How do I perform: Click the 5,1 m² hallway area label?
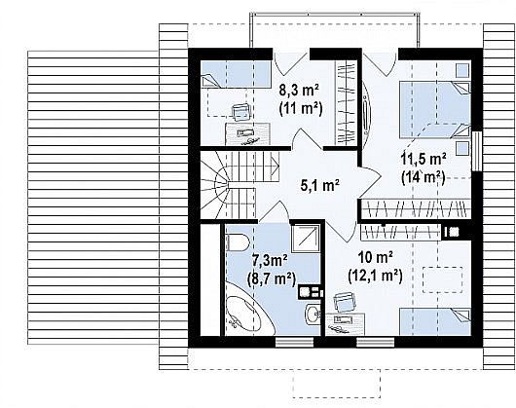click(x=320, y=185)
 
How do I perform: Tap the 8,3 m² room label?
click(x=299, y=90)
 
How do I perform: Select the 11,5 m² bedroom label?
click(x=424, y=159)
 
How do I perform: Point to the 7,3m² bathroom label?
click(x=270, y=260)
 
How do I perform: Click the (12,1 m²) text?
click(x=375, y=276)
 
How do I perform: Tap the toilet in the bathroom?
click(x=238, y=242)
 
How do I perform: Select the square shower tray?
click(x=306, y=239)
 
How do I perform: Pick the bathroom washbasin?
click(x=313, y=315)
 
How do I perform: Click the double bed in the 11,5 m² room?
click(x=435, y=110)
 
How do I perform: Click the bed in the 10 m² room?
click(x=435, y=321)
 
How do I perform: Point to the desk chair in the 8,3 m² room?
click(x=241, y=112)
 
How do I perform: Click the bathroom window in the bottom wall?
click(x=294, y=342)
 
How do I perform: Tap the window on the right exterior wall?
click(x=476, y=151)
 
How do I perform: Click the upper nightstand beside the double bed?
click(x=462, y=70)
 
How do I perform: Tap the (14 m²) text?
click(x=424, y=177)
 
